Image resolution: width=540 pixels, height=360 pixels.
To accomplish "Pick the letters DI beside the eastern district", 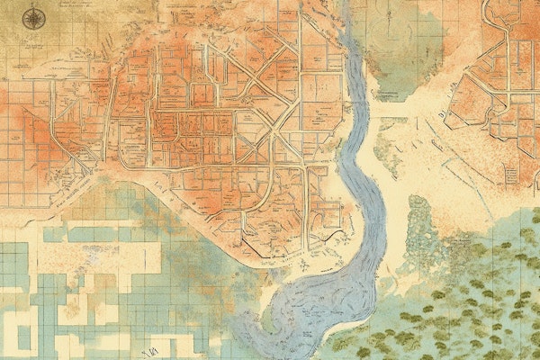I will (x=444, y=116).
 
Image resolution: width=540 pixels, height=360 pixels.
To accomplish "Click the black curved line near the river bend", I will (x=334, y=235).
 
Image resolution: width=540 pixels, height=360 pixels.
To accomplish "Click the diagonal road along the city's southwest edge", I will (x=81, y=180).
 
